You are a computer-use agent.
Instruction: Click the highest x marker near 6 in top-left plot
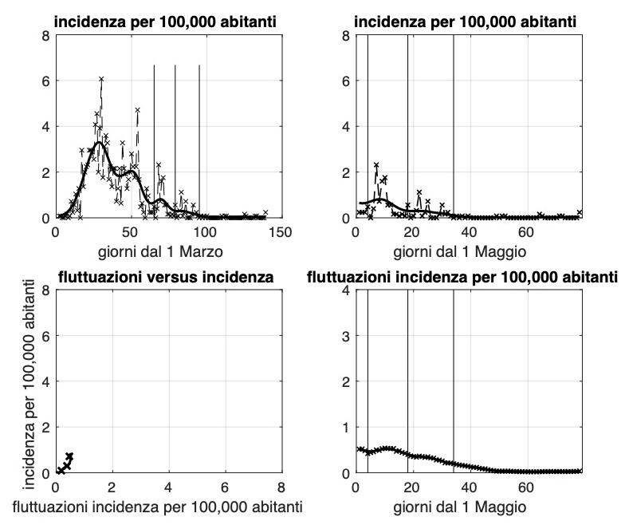(102, 79)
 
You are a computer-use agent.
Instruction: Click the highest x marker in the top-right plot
(376, 165)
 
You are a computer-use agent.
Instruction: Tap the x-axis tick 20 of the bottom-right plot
(412, 487)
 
